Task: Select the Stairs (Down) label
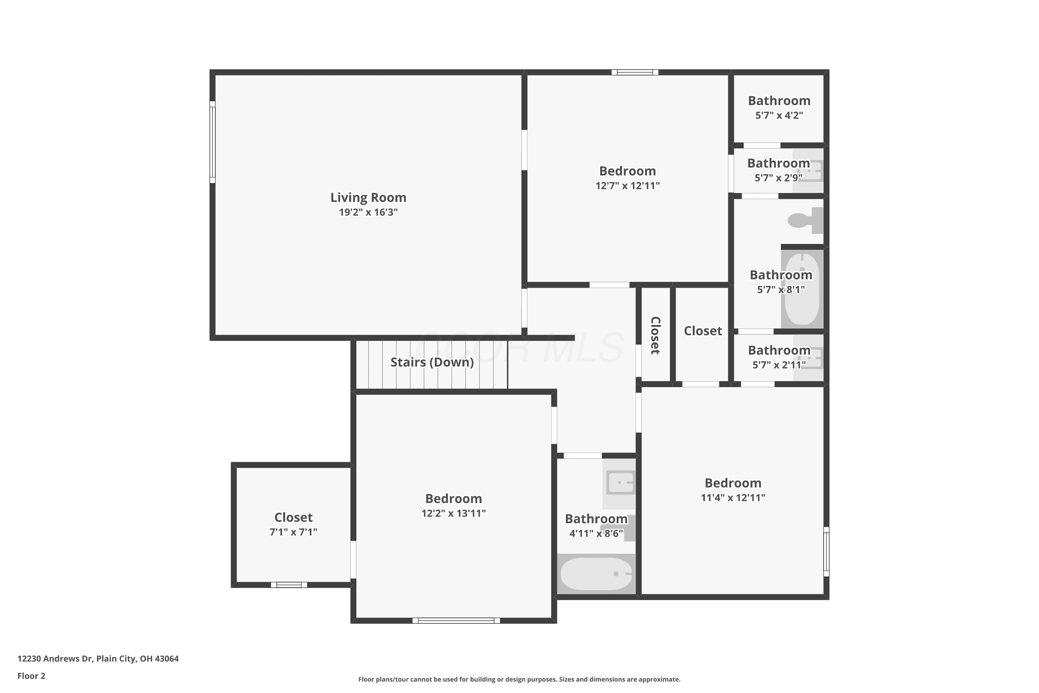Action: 432,362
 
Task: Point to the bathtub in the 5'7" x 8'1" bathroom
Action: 802,289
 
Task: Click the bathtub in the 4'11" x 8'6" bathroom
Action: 596,574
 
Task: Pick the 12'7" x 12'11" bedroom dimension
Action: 627,186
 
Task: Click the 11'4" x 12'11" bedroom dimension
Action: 733,498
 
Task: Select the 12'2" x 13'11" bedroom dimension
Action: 453,513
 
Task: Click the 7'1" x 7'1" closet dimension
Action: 293,532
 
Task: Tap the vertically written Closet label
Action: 655,335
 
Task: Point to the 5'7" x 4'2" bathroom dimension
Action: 779,115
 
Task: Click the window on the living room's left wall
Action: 213,142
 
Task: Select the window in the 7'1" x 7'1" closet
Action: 289,585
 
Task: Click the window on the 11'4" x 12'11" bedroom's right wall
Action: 826,551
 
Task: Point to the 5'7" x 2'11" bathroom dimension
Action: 779,365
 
